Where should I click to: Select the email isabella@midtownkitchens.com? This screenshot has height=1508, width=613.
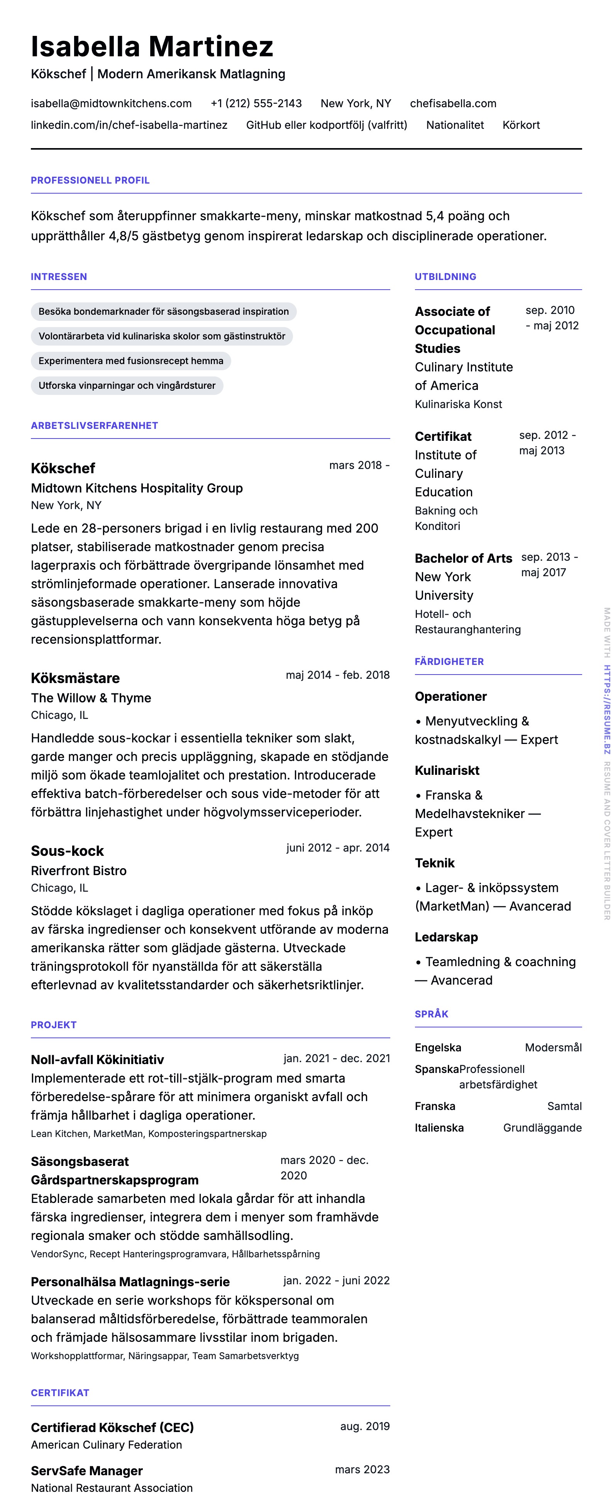pyautogui.click(x=111, y=104)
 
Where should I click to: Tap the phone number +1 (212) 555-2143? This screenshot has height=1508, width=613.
pyautogui.click(x=256, y=104)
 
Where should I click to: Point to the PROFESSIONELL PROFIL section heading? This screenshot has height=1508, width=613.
pyautogui.click(x=90, y=180)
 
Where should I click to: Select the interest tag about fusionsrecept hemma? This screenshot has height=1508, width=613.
pyautogui.click(x=131, y=361)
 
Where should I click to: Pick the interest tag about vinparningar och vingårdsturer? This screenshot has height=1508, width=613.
pyautogui.click(x=127, y=385)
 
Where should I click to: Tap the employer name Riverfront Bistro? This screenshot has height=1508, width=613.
pyautogui.click(x=78, y=870)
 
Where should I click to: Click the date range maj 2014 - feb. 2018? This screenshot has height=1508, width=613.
pyautogui.click(x=337, y=675)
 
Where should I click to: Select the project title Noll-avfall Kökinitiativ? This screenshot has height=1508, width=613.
pyautogui.click(x=97, y=1059)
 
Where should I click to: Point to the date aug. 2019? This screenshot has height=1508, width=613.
pyautogui.click(x=364, y=1426)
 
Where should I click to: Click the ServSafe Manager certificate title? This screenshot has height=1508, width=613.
pyautogui.click(x=87, y=1471)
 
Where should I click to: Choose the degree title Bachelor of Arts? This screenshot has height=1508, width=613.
pyautogui.click(x=463, y=558)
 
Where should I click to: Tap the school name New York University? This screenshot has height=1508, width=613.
pyautogui.click(x=444, y=586)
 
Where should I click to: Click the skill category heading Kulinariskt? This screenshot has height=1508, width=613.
pyautogui.click(x=447, y=771)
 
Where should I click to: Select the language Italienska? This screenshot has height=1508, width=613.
pyautogui.click(x=439, y=1127)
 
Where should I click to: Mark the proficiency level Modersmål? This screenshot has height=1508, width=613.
pyautogui.click(x=553, y=1047)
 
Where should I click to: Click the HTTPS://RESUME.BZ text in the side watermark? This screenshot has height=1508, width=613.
pyautogui.click(x=607, y=709)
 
